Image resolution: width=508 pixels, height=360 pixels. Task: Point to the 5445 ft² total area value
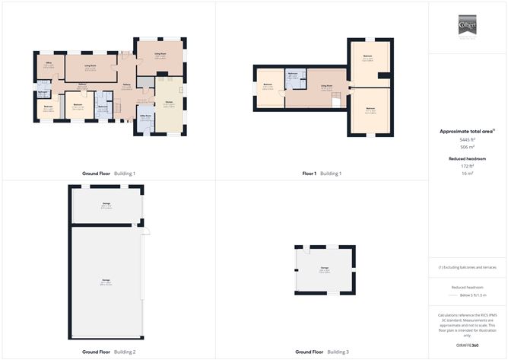(x=466, y=139)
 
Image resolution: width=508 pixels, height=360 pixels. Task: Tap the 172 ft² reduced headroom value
(x=466, y=166)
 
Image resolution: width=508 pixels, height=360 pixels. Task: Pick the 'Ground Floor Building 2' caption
(x=109, y=352)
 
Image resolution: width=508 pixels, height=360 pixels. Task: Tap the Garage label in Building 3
(x=324, y=269)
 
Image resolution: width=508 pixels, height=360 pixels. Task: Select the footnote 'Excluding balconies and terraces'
(x=468, y=267)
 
